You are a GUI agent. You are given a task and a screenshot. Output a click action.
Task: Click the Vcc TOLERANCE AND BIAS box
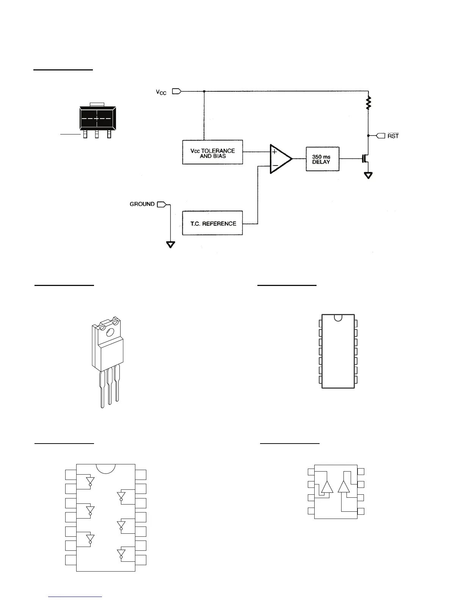[x=212, y=152]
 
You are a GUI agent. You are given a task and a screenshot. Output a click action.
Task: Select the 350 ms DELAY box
[x=322, y=159]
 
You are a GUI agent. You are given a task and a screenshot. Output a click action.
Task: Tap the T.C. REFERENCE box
[x=212, y=223]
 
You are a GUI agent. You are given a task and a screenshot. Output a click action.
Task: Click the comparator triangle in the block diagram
[x=280, y=159]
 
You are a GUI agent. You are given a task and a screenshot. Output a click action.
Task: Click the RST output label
[x=393, y=136]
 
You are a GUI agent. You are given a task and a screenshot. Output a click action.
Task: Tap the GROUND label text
[x=142, y=204]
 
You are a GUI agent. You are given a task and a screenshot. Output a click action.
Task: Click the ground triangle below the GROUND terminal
[x=171, y=244]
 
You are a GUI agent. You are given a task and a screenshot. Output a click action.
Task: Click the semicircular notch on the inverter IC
[x=106, y=468]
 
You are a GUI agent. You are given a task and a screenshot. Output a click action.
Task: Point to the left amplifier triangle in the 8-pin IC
[x=327, y=487]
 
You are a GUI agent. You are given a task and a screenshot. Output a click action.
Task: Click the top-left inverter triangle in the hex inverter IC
[x=90, y=481]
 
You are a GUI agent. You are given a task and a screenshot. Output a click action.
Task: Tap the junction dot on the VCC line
[x=204, y=91]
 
